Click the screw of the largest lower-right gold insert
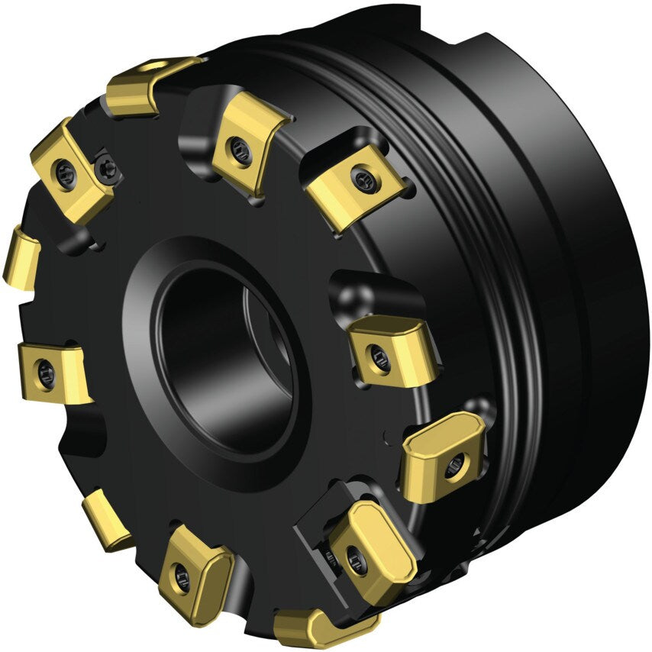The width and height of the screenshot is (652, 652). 357,560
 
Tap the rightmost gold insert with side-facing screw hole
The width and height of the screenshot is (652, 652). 443,457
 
